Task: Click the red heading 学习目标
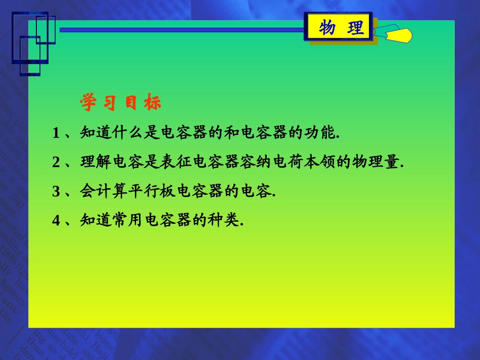(x=120, y=103)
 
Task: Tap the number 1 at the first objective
(x=56, y=133)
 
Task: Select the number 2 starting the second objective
(x=56, y=163)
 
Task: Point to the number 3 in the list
(x=56, y=192)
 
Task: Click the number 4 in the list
(x=56, y=221)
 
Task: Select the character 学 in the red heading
(x=88, y=103)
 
